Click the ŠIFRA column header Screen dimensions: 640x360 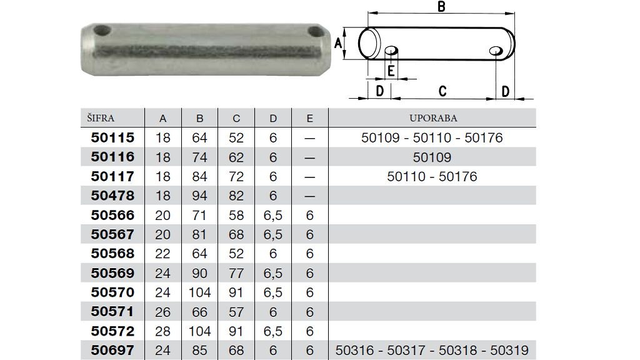(101, 118)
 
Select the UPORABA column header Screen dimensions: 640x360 (433, 118)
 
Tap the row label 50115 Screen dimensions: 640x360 (112, 137)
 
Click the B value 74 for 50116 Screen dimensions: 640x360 (199, 157)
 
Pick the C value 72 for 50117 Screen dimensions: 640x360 (236, 176)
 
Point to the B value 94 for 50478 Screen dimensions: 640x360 (199, 196)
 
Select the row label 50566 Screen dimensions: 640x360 (112, 215)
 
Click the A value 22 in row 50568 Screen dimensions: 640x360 (162, 254)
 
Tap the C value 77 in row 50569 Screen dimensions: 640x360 (236, 273)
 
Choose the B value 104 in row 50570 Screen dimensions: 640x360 (199, 292)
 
